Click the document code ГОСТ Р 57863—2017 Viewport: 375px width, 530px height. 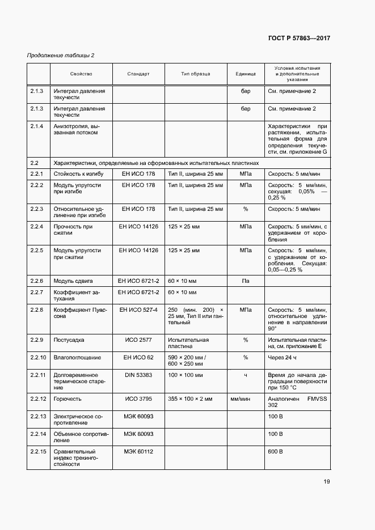[x=298, y=38]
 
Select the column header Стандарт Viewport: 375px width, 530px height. [x=138, y=74]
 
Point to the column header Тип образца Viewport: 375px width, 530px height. [x=196, y=74]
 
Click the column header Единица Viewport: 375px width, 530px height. [x=246, y=74]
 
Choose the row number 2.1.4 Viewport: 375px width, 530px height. [x=37, y=126]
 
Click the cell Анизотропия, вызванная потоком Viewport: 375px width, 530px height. [x=75, y=129]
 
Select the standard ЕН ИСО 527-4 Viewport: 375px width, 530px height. [x=138, y=310]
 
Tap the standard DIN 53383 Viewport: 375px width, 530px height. [x=138, y=375]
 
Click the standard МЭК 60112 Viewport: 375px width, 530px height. [x=138, y=451]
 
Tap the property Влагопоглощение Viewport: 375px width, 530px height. [x=77, y=358]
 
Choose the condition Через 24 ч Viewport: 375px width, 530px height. [x=283, y=358]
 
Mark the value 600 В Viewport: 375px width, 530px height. [x=275, y=451]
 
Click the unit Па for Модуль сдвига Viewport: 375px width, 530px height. [x=246, y=281]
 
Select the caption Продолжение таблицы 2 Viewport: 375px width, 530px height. [x=61, y=55]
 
